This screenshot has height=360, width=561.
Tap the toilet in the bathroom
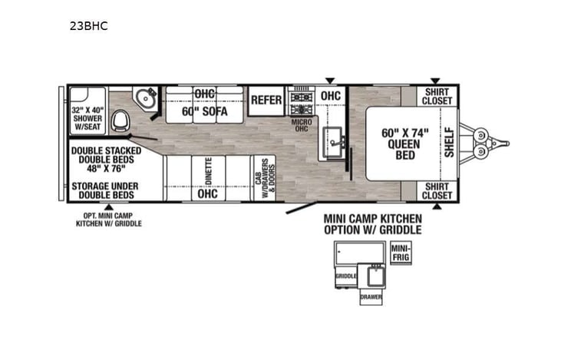120,121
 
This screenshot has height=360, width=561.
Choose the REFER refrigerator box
266,100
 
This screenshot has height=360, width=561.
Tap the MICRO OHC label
300,124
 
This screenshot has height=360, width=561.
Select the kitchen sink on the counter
334,141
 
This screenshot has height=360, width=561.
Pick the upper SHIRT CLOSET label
438,96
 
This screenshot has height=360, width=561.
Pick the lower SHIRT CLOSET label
438,190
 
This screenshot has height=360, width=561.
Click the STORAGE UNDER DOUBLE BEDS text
106,190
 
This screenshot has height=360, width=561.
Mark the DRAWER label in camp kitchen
370,297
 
